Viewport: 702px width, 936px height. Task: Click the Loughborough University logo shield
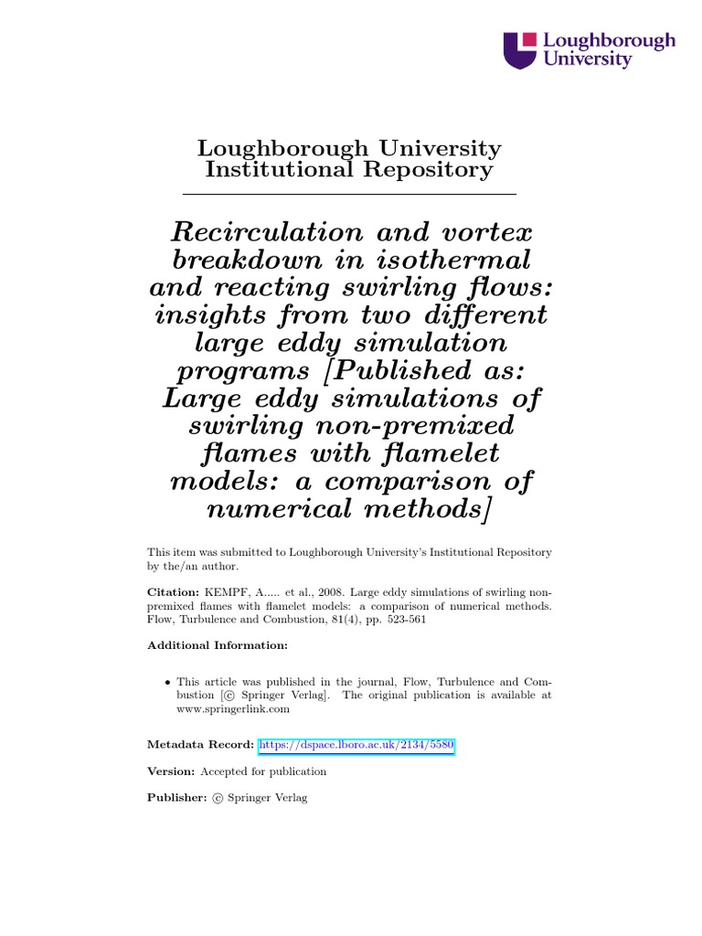521,50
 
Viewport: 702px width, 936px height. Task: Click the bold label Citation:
173,592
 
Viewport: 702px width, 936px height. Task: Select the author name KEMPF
222,592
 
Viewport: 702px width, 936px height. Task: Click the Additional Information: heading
218,645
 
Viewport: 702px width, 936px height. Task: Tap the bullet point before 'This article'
167,682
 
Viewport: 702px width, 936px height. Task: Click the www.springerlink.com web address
233,708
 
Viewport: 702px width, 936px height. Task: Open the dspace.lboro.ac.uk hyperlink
356,746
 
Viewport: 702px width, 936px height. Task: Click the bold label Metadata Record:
201,746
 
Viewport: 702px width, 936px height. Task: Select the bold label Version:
172,771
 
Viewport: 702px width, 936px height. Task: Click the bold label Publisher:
177,798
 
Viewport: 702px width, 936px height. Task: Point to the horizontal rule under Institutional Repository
350,195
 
